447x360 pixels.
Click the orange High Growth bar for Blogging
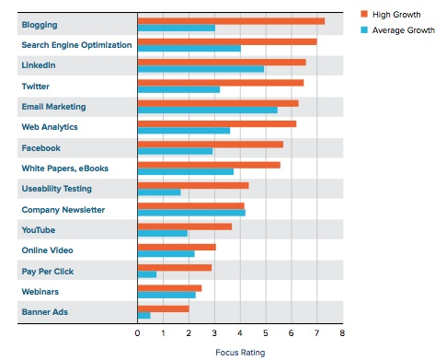pyautogui.click(x=230, y=20)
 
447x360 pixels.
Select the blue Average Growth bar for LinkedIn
pyautogui.click(x=201, y=69)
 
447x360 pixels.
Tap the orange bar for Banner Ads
pyautogui.click(x=163, y=308)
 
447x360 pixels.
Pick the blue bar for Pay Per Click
pyautogui.click(x=147, y=274)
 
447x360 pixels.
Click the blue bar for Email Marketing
pyautogui.click(x=207, y=110)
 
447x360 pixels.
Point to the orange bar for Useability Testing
pyautogui.click(x=193, y=185)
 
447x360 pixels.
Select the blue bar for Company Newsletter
pyautogui.click(x=191, y=213)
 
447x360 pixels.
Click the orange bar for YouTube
pyautogui.click(x=184, y=226)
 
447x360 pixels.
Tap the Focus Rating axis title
pyautogui.click(x=239, y=351)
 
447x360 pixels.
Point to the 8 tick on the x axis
pyautogui.click(x=341, y=332)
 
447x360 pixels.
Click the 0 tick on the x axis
pyautogui.click(x=137, y=332)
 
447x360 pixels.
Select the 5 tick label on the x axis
pyautogui.click(x=265, y=332)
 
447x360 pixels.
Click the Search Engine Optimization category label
pyautogui.click(x=76, y=44)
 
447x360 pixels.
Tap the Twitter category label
pyautogui.click(x=36, y=86)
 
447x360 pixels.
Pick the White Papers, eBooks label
pyautogui.click(x=64, y=168)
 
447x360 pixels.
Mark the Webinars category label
pyautogui.click(x=40, y=291)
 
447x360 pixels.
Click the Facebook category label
pyautogui.click(x=40, y=147)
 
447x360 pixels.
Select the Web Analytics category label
pyautogui.click(x=50, y=126)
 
